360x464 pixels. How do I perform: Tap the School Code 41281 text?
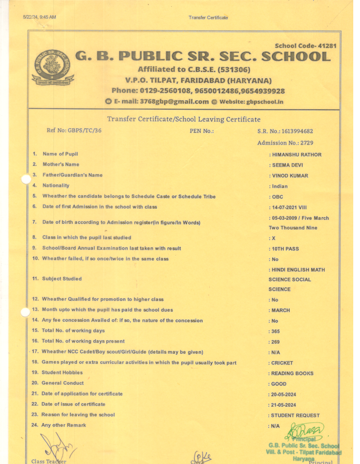coord(305,46)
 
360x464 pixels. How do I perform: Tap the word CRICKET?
coord(282,363)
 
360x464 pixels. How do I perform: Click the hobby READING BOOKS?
coord(292,373)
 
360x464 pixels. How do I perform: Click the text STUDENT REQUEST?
coord(295,416)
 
